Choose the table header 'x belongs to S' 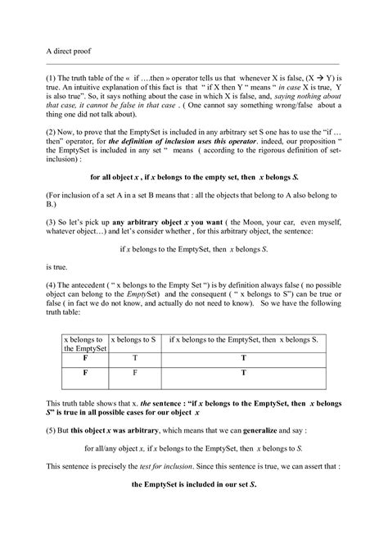pos(133,338)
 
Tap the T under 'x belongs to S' pos(133,358)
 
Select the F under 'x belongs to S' pos(133,374)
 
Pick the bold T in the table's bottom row pos(242,374)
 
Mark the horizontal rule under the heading pos(193,62)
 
